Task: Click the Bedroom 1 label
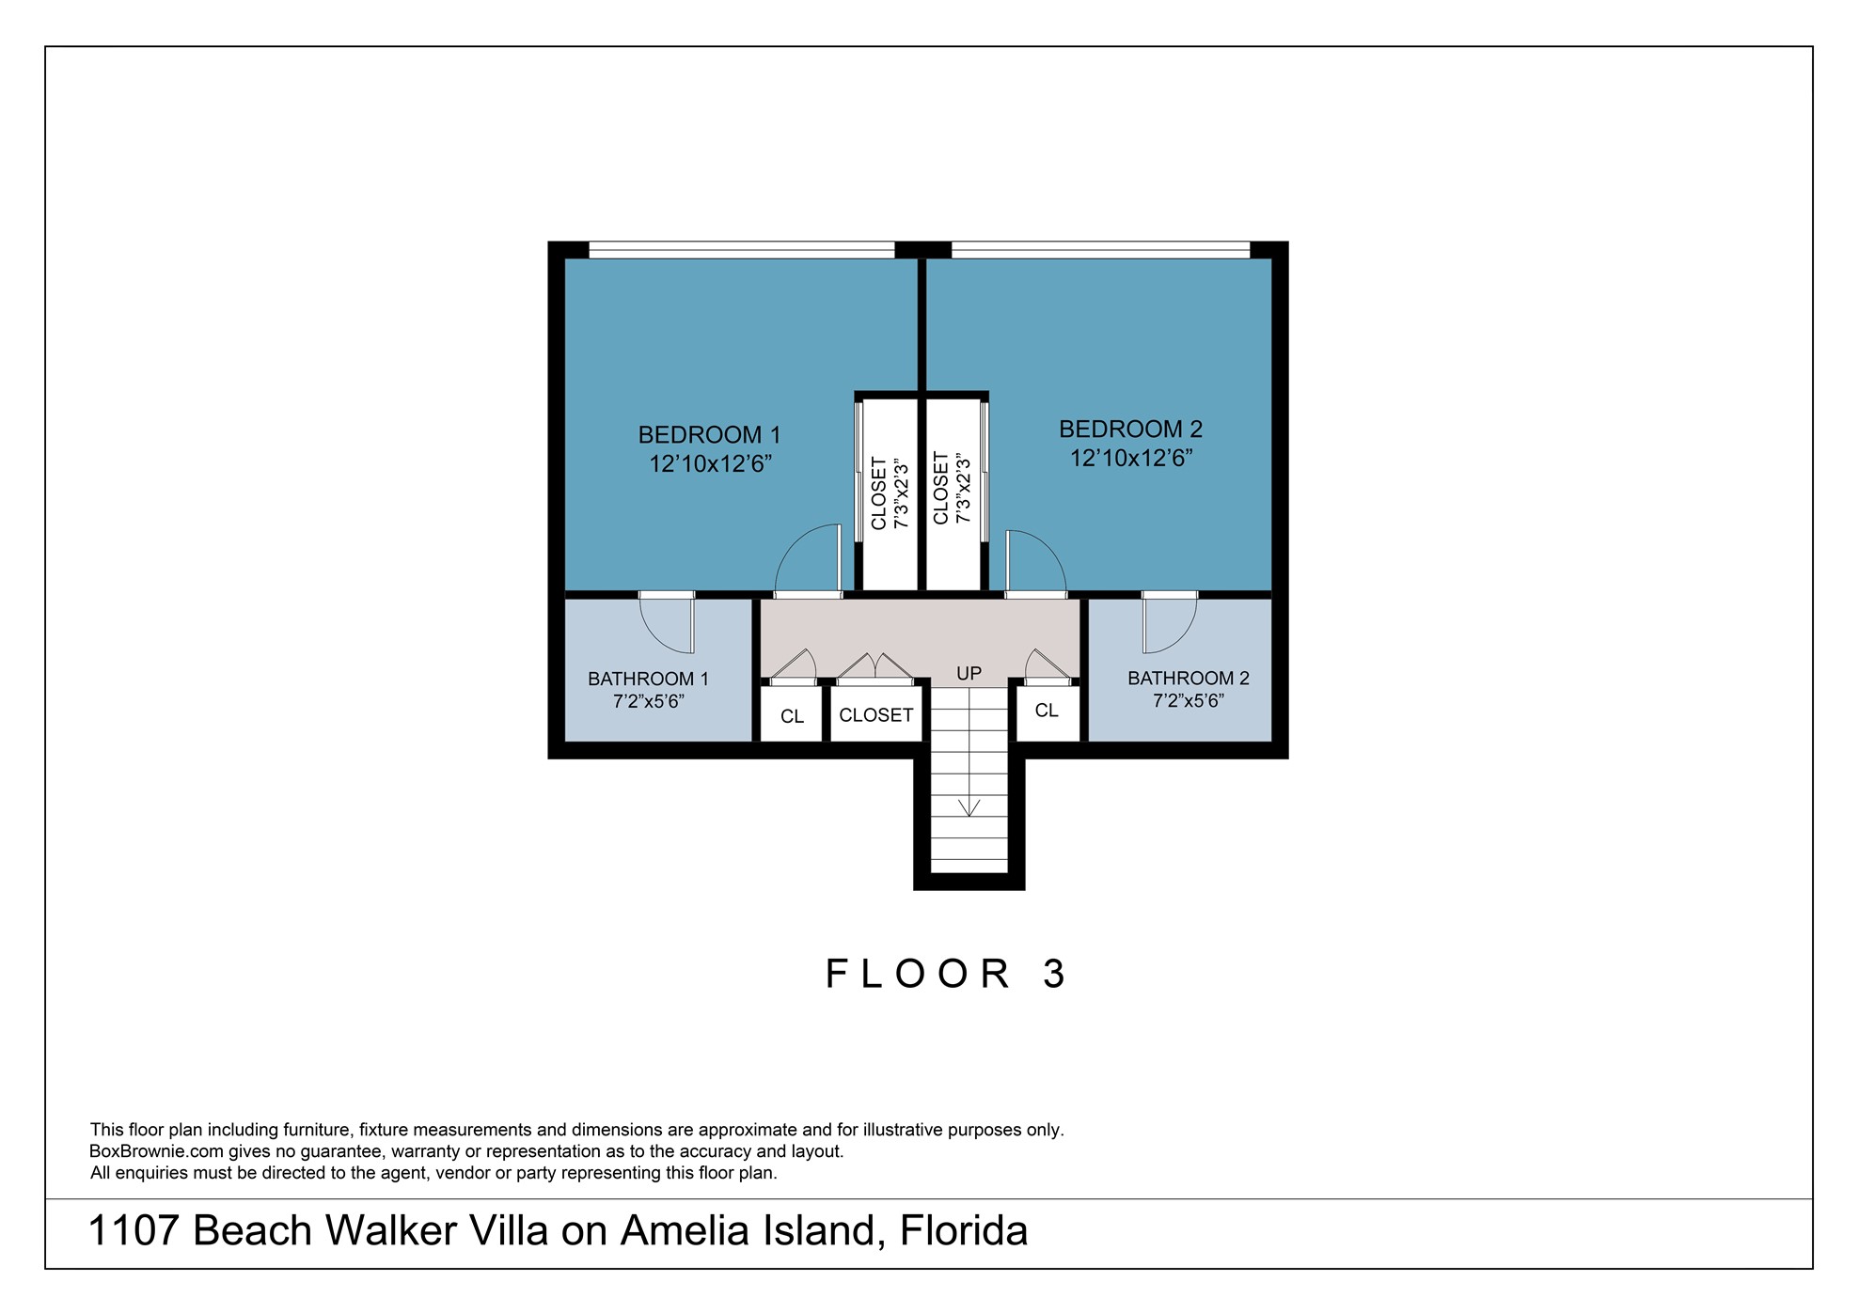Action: (709, 435)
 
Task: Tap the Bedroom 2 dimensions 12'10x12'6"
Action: (1131, 459)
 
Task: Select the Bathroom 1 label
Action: (648, 679)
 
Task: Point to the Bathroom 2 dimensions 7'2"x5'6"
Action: (1188, 701)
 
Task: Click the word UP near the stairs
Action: (969, 674)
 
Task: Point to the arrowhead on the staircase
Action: (969, 807)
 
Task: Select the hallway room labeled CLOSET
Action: (875, 715)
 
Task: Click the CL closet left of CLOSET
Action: (792, 717)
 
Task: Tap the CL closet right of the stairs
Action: (1047, 711)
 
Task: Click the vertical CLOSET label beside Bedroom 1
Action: (879, 493)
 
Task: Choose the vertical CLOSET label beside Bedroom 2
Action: (940, 489)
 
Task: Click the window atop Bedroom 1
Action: (741, 250)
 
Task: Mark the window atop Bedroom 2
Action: (1100, 250)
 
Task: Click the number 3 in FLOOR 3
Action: (1054, 975)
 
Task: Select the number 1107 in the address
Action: (133, 1231)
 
